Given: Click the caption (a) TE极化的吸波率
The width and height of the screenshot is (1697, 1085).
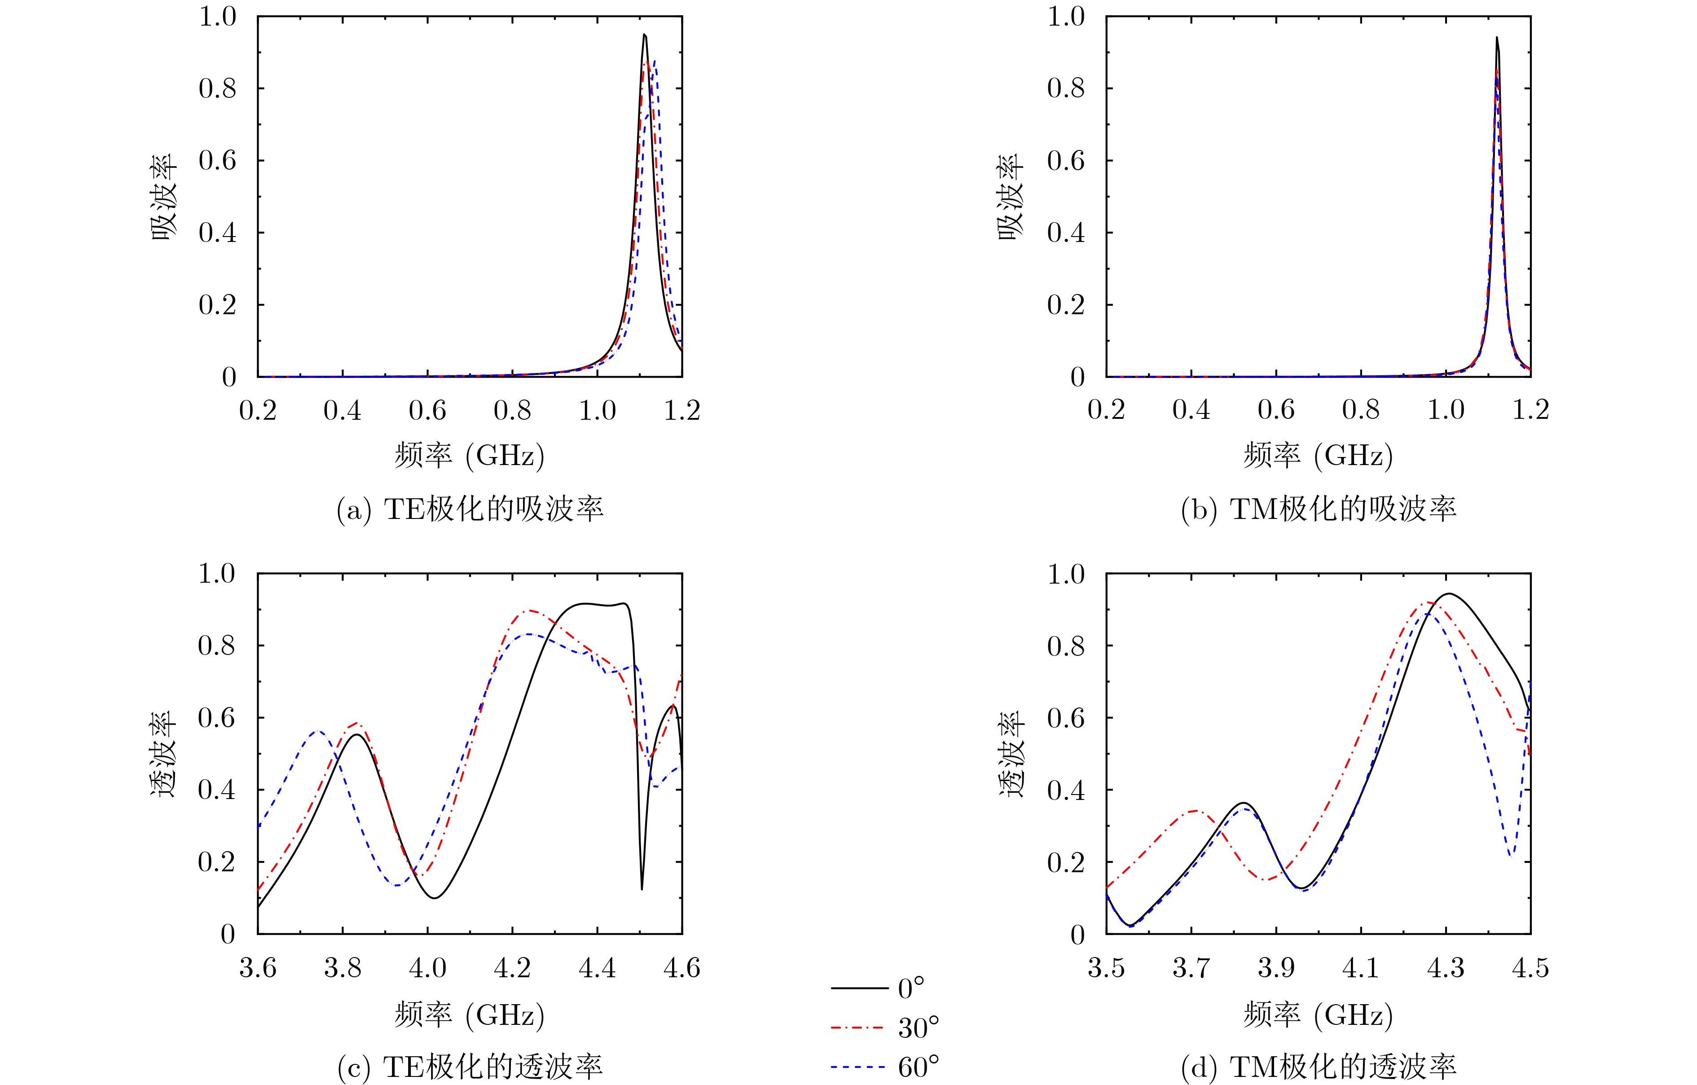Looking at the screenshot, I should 470,510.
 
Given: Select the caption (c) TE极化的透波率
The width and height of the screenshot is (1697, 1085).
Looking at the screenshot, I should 470,1068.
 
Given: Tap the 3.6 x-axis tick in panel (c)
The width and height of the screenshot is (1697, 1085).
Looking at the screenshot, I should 258,968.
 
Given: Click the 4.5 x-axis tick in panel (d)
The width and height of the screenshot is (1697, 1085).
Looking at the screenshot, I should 1530,968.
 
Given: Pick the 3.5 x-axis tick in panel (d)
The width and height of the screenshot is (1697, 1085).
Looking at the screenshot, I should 1107,968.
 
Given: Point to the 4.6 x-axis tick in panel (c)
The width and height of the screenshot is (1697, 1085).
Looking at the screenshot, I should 681,968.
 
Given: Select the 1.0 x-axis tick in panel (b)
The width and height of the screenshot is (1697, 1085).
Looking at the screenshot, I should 1446,410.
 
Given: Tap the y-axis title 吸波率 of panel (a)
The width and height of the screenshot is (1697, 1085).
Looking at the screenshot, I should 164,197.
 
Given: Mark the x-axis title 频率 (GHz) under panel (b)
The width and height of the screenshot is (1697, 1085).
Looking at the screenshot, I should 1318,456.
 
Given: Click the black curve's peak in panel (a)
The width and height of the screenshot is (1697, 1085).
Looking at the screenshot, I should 644,35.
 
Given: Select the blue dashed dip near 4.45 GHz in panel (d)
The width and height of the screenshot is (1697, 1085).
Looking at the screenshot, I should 1511,856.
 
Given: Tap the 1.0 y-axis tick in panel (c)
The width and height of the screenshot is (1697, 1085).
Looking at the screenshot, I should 216,574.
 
